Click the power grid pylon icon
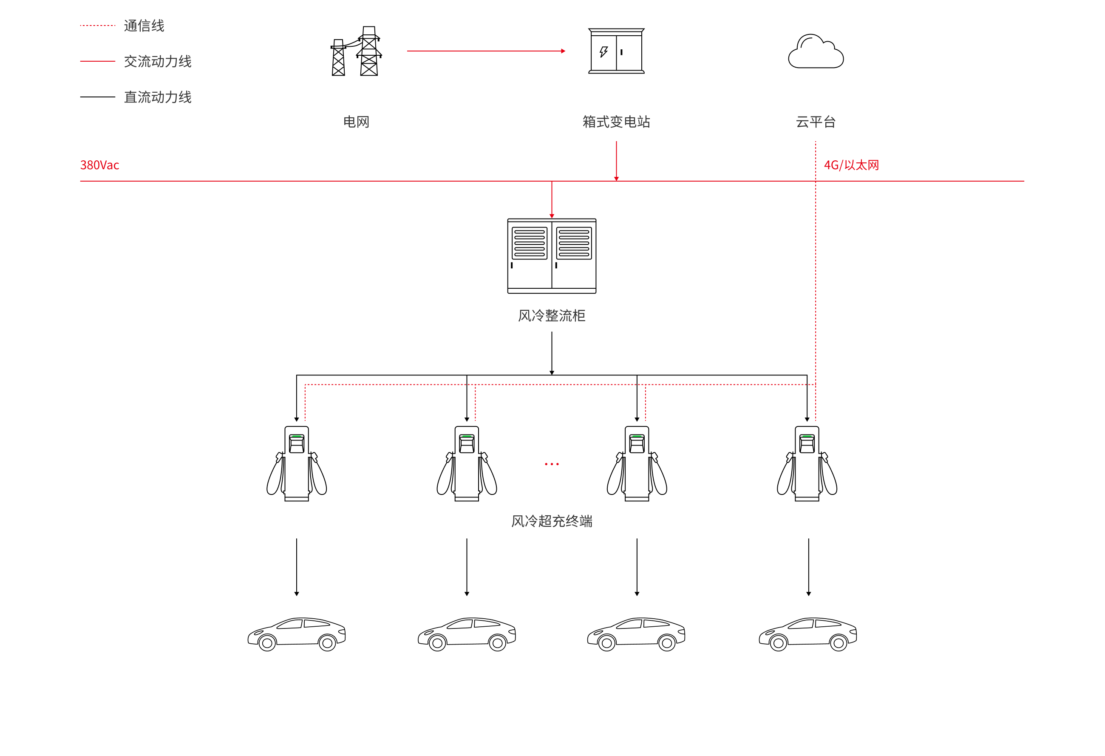pyautogui.click(x=356, y=51)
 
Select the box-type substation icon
pyautogui.click(x=616, y=51)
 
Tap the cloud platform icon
pyautogui.click(x=816, y=51)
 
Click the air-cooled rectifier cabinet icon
pyautogui.click(x=552, y=256)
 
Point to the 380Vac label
pyautogui.click(x=99, y=165)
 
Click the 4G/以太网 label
pyautogui.click(x=851, y=165)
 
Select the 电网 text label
pyautogui.click(x=356, y=122)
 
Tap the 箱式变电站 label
pyautogui.click(x=616, y=122)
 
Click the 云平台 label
pyautogui.click(x=816, y=122)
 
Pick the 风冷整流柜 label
pyautogui.click(x=552, y=315)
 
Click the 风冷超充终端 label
pyautogui.click(x=552, y=521)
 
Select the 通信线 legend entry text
pyautogui.click(x=144, y=26)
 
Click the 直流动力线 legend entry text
pyautogui.click(x=158, y=97)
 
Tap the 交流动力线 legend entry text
pyautogui.click(x=158, y=61)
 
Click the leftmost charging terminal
pyautogui.click(x=297, y=463)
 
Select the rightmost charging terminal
pyautogui.click(x=807, y=463)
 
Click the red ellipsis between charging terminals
pyautogui.click(x=552, y=464)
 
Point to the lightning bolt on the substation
pyautogui.click(x=604, y=52)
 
